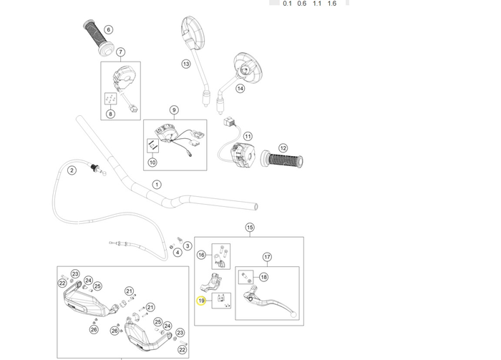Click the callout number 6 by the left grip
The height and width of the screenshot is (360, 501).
109,30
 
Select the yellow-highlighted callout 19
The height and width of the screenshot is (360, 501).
201,301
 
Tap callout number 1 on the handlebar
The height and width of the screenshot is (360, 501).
157,185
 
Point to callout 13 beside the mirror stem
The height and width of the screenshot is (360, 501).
186,64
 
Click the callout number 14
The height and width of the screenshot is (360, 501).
240,89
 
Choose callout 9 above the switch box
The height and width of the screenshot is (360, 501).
174,110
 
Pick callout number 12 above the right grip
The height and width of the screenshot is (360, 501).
283,148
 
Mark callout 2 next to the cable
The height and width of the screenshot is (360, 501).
72,170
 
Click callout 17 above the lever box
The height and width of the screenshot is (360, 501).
267,257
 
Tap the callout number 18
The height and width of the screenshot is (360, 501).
263,277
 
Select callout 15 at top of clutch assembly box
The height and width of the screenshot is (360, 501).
250,228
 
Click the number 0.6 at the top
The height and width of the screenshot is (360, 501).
301,4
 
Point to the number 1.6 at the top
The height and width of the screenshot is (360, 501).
332,4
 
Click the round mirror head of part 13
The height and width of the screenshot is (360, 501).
192,33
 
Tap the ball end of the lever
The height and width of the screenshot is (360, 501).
294,314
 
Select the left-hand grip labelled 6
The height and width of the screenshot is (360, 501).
99,38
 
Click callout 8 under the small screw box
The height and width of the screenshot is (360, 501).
110,114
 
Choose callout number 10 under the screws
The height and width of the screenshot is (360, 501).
152,162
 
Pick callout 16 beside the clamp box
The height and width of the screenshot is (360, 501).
201,255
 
